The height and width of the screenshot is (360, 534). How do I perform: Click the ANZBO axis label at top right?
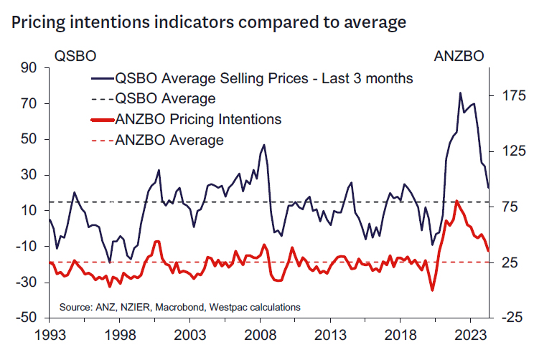coord(459,55)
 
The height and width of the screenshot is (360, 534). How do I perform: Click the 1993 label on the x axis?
coord(49,335)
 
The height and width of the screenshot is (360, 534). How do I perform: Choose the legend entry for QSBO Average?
coord(165,98)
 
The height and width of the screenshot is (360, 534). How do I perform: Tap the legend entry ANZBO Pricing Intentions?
coord(197,119)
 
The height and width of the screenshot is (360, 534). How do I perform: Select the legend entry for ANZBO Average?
coord(169,140)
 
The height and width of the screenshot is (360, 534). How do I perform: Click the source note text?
coord(179,307)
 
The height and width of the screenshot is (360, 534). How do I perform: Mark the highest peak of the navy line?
coord(460,93)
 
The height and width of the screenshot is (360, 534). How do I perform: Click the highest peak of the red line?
coord(456,201)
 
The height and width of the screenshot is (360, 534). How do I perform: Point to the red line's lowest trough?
coord(433,290)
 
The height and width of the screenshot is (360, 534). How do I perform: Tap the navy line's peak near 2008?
coord(264,145)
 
